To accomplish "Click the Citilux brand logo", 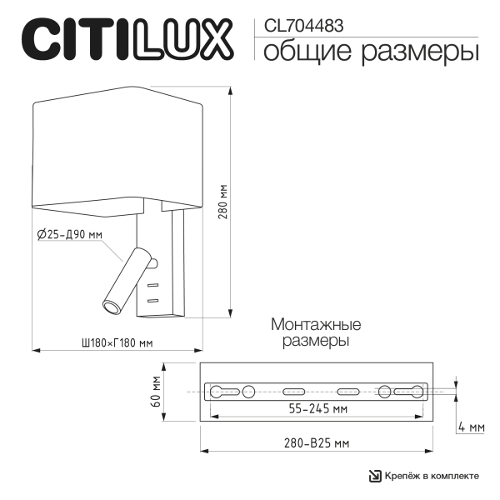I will pos(125,39).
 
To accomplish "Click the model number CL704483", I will pos(303,26).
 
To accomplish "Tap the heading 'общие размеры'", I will pos(372,52).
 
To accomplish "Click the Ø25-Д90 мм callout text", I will pos(70,235).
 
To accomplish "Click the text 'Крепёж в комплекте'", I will pos(432,476).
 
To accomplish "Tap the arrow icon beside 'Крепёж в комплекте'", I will pos(375,476).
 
